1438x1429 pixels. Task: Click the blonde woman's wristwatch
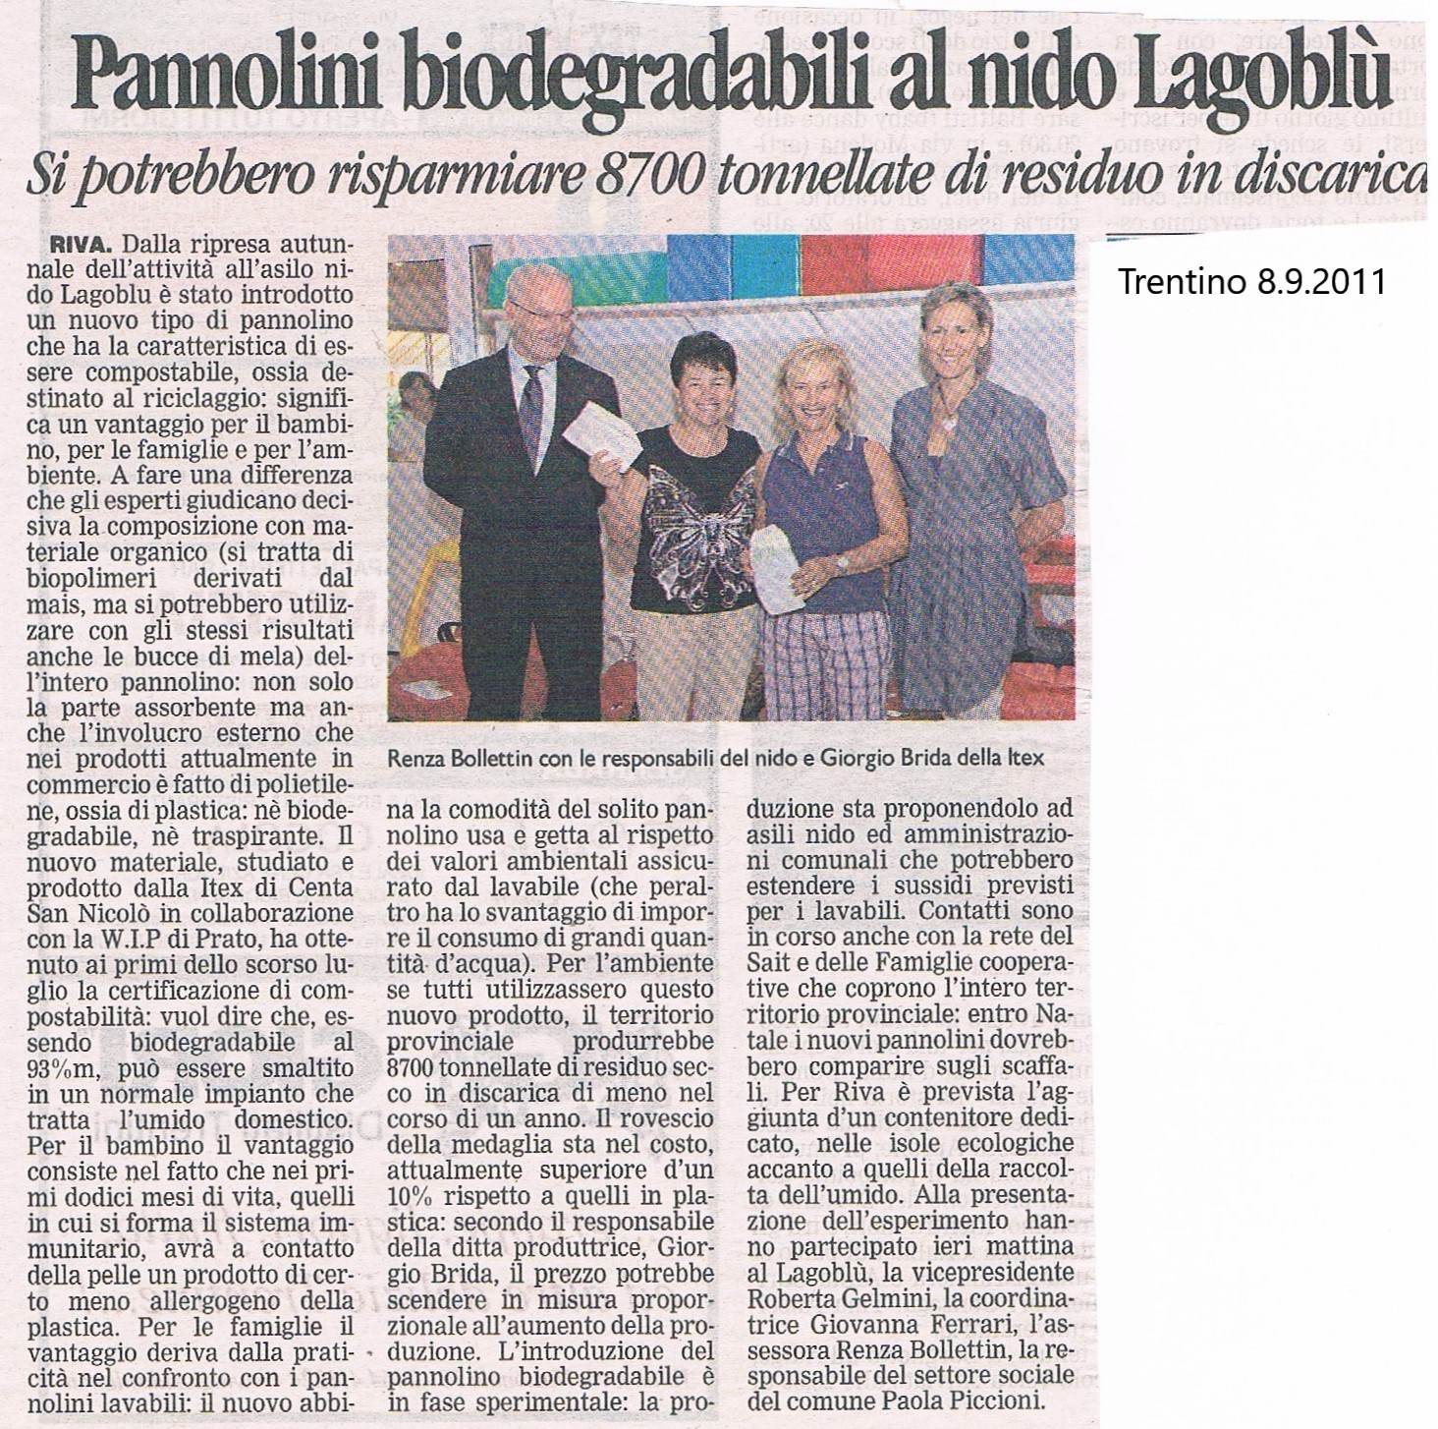pos(841,561)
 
